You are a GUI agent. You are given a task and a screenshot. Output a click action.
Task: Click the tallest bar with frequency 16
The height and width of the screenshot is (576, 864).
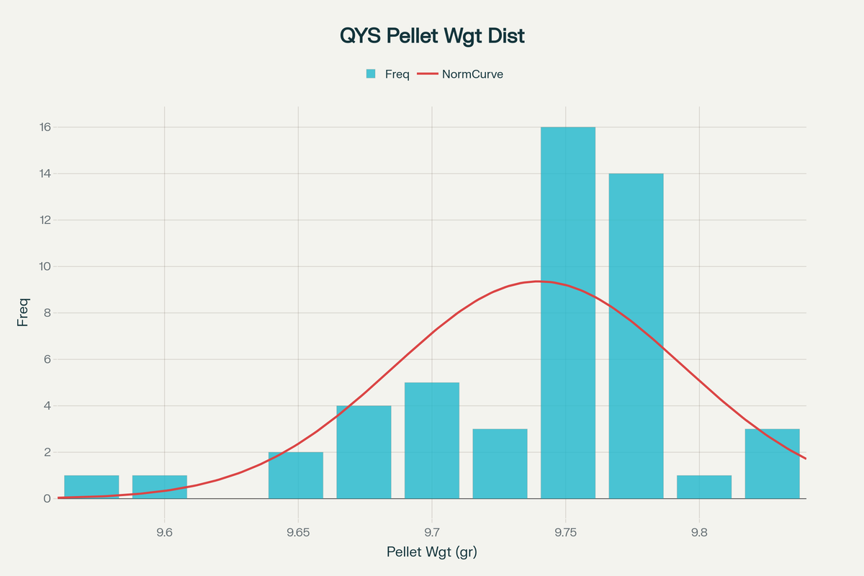[568, 312]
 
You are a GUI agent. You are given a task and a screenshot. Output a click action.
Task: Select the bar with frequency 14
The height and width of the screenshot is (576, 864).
[636, 336]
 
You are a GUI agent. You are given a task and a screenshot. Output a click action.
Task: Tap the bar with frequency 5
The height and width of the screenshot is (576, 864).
[432, 440]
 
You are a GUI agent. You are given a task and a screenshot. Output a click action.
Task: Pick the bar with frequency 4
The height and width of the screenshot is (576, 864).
[364, 452]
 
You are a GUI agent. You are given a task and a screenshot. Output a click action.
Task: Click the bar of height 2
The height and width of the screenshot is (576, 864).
[296, 475]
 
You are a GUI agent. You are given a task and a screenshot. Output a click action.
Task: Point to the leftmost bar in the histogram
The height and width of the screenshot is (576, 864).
[91, 487]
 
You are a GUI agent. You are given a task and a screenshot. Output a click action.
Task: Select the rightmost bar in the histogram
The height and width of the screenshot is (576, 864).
[772, 464]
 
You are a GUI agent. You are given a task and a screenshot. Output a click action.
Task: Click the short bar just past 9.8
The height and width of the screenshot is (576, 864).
[704, 487]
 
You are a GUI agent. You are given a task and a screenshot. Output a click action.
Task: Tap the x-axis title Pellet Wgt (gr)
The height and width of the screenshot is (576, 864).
[432, 552]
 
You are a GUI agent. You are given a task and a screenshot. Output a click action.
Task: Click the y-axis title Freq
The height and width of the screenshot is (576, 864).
[23, 312]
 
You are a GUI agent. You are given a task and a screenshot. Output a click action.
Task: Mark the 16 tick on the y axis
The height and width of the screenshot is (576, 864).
[45, 127]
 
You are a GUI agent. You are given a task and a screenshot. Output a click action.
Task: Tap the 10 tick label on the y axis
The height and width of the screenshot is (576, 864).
[45, 266]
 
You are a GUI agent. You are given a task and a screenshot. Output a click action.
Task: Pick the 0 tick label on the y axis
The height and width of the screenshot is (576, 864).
[48, 498]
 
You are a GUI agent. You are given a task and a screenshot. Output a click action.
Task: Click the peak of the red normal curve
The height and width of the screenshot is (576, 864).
[536, 281]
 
